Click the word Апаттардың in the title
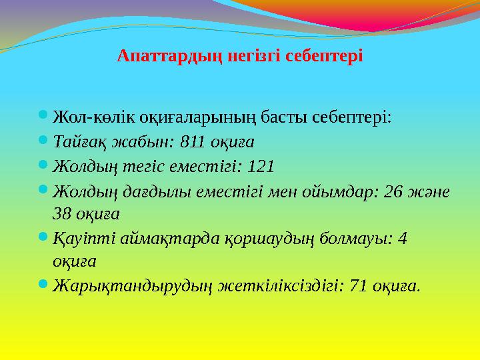pos(155,55)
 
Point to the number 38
pos(62,213)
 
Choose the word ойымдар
pos(331,191)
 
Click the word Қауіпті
pos(81,238)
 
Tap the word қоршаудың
pos(269,238)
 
